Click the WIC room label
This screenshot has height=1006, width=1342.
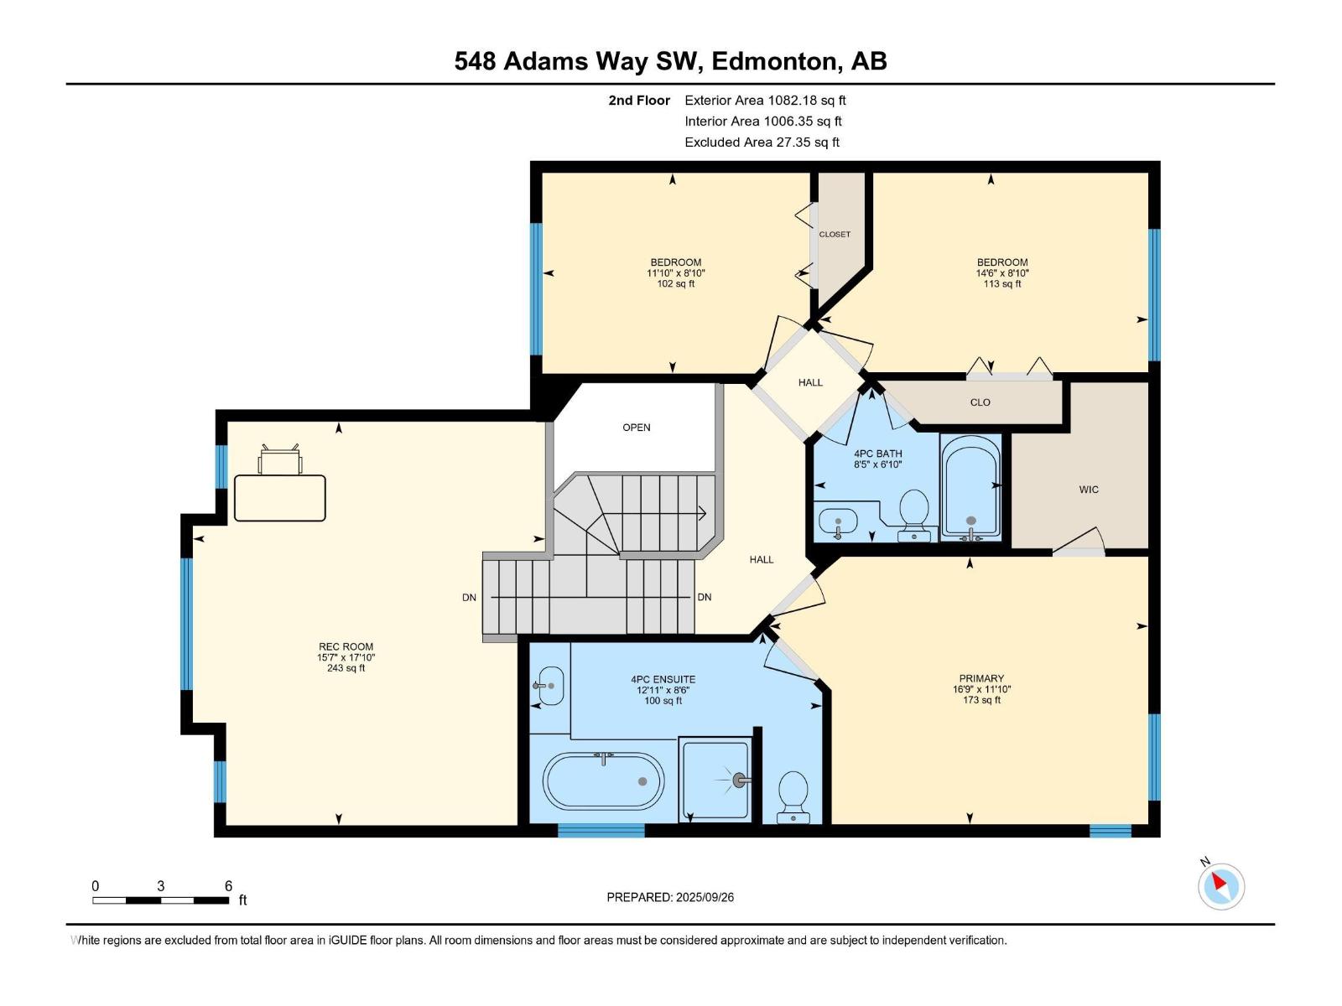click(1088, 490)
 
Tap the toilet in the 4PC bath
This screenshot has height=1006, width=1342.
click(914, 516)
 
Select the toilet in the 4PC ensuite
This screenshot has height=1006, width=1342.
click(793, 797)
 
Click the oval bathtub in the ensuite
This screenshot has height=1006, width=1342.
click(603, 781)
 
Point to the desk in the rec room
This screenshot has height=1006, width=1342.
click(280, 498)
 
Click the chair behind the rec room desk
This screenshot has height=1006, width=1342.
click(279, 459)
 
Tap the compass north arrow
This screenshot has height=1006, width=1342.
click(1220, 882)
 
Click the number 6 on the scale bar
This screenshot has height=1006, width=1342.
click(229, 885)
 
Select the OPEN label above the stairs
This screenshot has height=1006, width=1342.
click(637, 428)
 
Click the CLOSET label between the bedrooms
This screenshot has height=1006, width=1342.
click(835, 235)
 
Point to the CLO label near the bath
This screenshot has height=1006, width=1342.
click(980, 402)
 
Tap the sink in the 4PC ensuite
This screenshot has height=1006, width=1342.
click(550, 685)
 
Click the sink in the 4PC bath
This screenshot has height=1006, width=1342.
click(838, 523)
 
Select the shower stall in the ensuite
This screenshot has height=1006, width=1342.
click(715, 780)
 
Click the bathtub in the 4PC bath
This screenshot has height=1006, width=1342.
click(971, 487)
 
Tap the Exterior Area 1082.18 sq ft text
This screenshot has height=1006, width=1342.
click(766, 100)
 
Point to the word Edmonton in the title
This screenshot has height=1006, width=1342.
click(774, 61)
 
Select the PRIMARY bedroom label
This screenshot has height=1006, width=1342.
click(981, 678)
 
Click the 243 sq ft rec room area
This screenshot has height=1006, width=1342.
click(346, 668)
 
